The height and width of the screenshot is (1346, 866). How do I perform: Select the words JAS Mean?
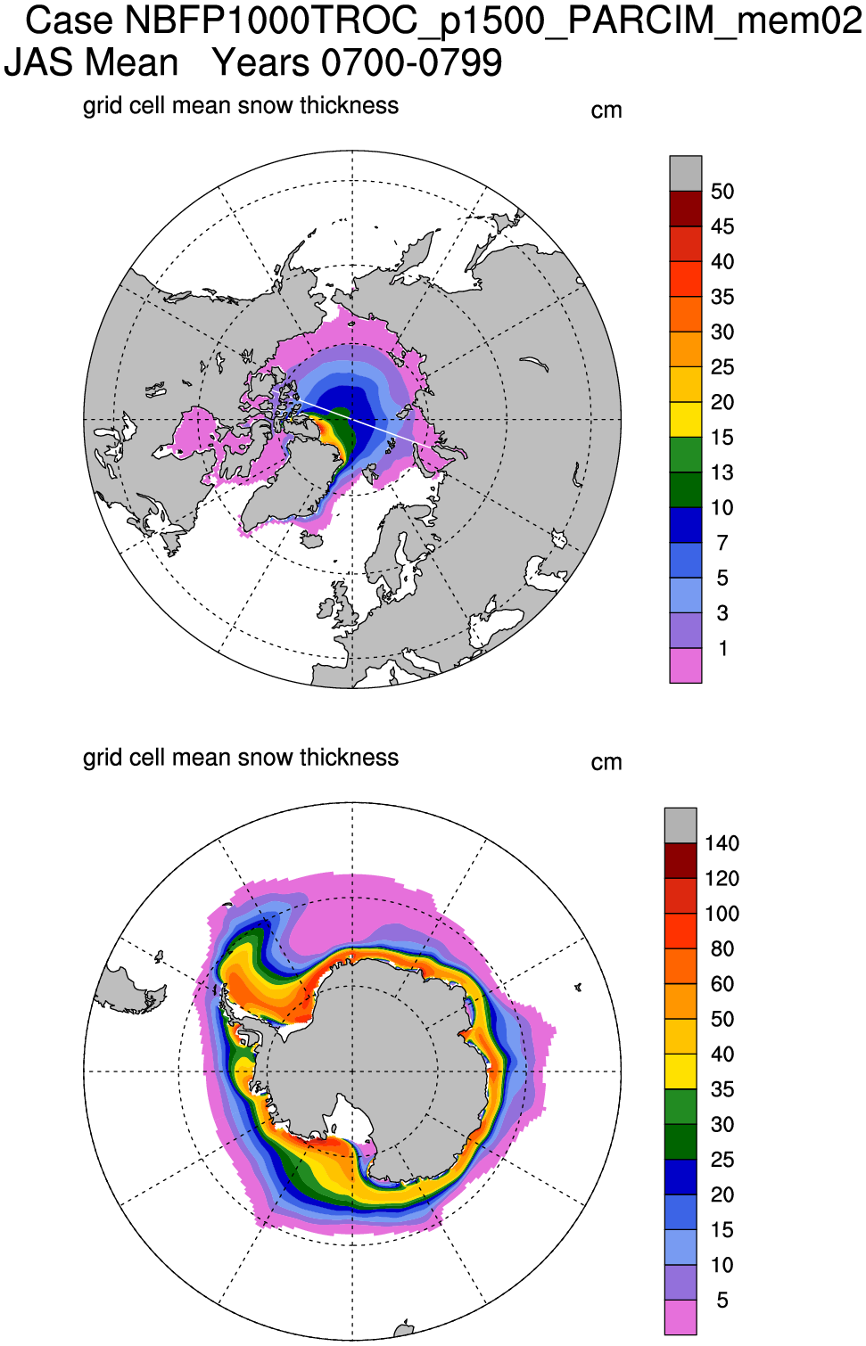click(x=92, y=63)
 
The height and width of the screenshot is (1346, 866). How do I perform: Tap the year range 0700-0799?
click(x=412, y=63)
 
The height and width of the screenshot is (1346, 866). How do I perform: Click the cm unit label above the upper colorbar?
click(x=606, y=111)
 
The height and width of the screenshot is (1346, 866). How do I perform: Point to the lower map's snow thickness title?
click(x=241, y=758)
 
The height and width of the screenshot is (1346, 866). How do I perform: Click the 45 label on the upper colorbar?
click(x=722, y=226)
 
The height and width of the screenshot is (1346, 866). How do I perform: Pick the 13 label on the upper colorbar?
click(x=722, y=472)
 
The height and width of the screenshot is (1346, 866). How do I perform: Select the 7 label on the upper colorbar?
click(x=722, y=543)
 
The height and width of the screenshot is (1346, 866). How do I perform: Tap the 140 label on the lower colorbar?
click(x=722, y=843)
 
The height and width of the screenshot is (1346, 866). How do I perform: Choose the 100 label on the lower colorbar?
click(x=722, y=914)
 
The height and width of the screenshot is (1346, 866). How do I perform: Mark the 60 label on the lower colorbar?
click(x=722, y=984)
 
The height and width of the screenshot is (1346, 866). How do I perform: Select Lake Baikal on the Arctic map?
click(x=534, y=364)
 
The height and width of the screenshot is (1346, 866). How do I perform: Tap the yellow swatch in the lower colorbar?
click(x=680, y=1071)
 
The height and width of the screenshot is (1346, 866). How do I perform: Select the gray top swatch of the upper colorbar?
click(x=686, y=173)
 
